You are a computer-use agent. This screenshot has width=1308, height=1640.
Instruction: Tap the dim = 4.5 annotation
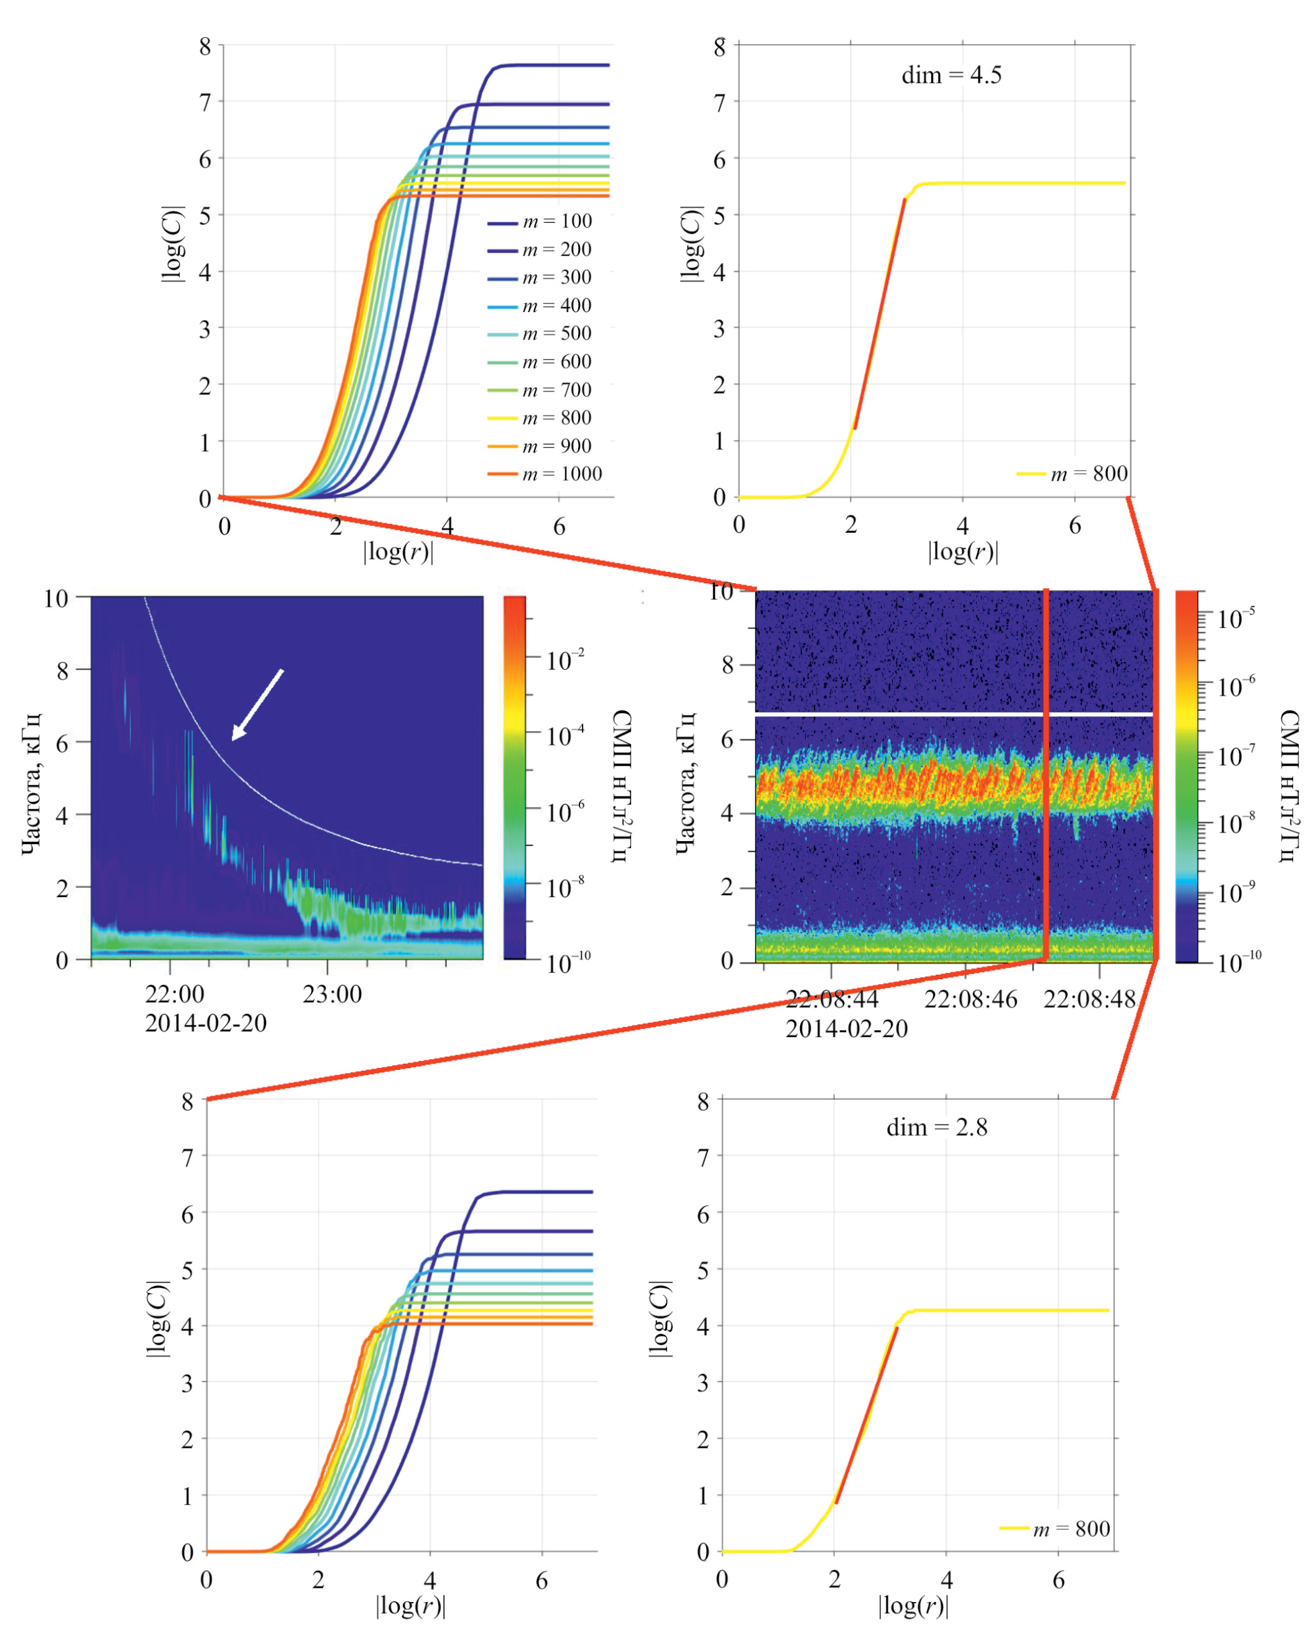(951, 75)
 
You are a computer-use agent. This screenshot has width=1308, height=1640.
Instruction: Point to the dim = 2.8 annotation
(936, 1126)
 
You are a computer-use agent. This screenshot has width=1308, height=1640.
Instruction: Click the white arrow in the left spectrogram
(257, 704)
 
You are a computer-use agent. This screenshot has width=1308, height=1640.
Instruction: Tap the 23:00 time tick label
(333, 993)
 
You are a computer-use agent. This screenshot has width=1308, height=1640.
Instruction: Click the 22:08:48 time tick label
(1089, 999)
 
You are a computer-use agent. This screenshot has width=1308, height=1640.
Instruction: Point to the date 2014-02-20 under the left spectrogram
(206, 1023)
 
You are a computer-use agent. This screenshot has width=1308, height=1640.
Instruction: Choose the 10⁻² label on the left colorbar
(565, 659)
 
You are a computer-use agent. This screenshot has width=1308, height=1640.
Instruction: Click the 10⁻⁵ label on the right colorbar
(1235, 618)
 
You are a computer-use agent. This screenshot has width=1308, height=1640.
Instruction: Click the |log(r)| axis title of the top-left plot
(398, 551)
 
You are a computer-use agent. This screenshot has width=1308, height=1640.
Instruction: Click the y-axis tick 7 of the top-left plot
(205, 102)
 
